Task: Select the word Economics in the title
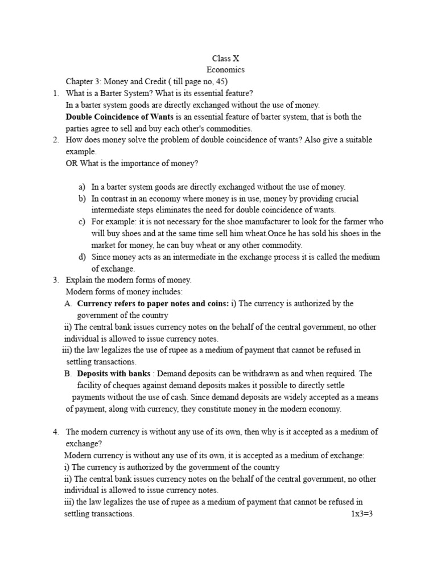pos(225,69)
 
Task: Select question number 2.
pos(56,140)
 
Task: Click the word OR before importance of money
pos(72,163)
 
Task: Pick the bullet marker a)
pos(82,187)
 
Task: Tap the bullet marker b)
pos(82,199)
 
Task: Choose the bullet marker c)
pos(82,221)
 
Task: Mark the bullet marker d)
pos(82,257)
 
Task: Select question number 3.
pos(56,280)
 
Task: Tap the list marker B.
pos(68,373)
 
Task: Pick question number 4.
pos(56,432)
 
